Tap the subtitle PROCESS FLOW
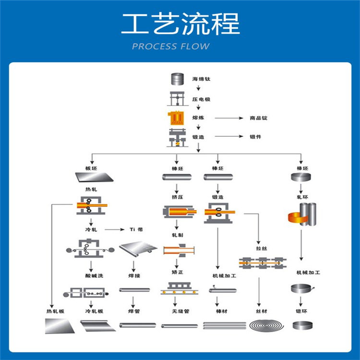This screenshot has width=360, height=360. click(x=171, y=47)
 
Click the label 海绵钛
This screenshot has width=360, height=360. click(x=202, y=79)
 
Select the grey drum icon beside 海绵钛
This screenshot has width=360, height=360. click(x=177, y=79)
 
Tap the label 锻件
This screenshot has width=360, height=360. click(x=255, y=137)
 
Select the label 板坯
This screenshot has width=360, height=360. click(x=91, y=168)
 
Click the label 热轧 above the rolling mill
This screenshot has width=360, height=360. click(x=91, y=190)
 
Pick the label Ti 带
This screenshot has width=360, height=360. click(x=137, y=229)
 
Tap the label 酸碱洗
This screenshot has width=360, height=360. click(x=91, y=276)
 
